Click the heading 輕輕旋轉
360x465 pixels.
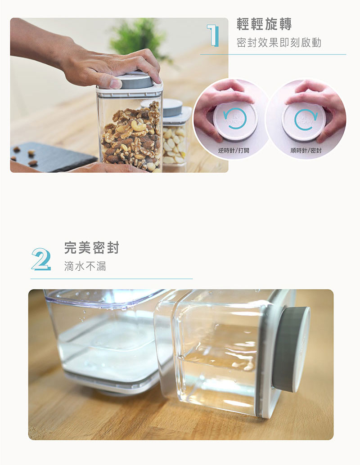tap(264, 24)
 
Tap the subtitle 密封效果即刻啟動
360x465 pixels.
tap(279, 43)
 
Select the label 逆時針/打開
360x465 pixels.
tap(234, 150)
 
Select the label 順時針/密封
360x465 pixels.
tap(306, 150)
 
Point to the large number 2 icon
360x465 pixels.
tap(41, 259)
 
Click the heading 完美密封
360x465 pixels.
tap(91, 248)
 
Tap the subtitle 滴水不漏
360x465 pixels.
tap(85, 266)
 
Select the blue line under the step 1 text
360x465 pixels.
tap(273, 54)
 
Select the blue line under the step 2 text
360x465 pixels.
tap(111, 279)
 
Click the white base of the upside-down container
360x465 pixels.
tap(113, 383)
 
